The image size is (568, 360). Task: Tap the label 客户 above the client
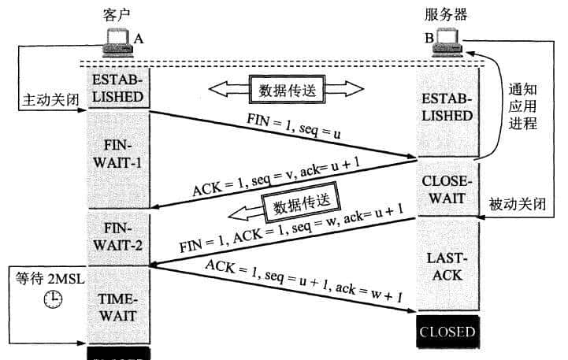pyautogui.click(x=117, y=14)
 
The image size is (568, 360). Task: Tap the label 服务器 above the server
pyautogui.click(x=446, y=14)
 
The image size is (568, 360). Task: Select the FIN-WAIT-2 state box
pyautogui.click(x=117, y=237)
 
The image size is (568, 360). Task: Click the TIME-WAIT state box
pyautogui.click(x=117, y=308)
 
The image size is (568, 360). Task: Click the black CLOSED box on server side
pyautogui.click(x=447, y=331)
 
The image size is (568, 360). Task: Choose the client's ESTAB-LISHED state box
pyautogui.click(x=117, y=89)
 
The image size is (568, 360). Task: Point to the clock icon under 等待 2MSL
pyautogui.click(x=53, y=299)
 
